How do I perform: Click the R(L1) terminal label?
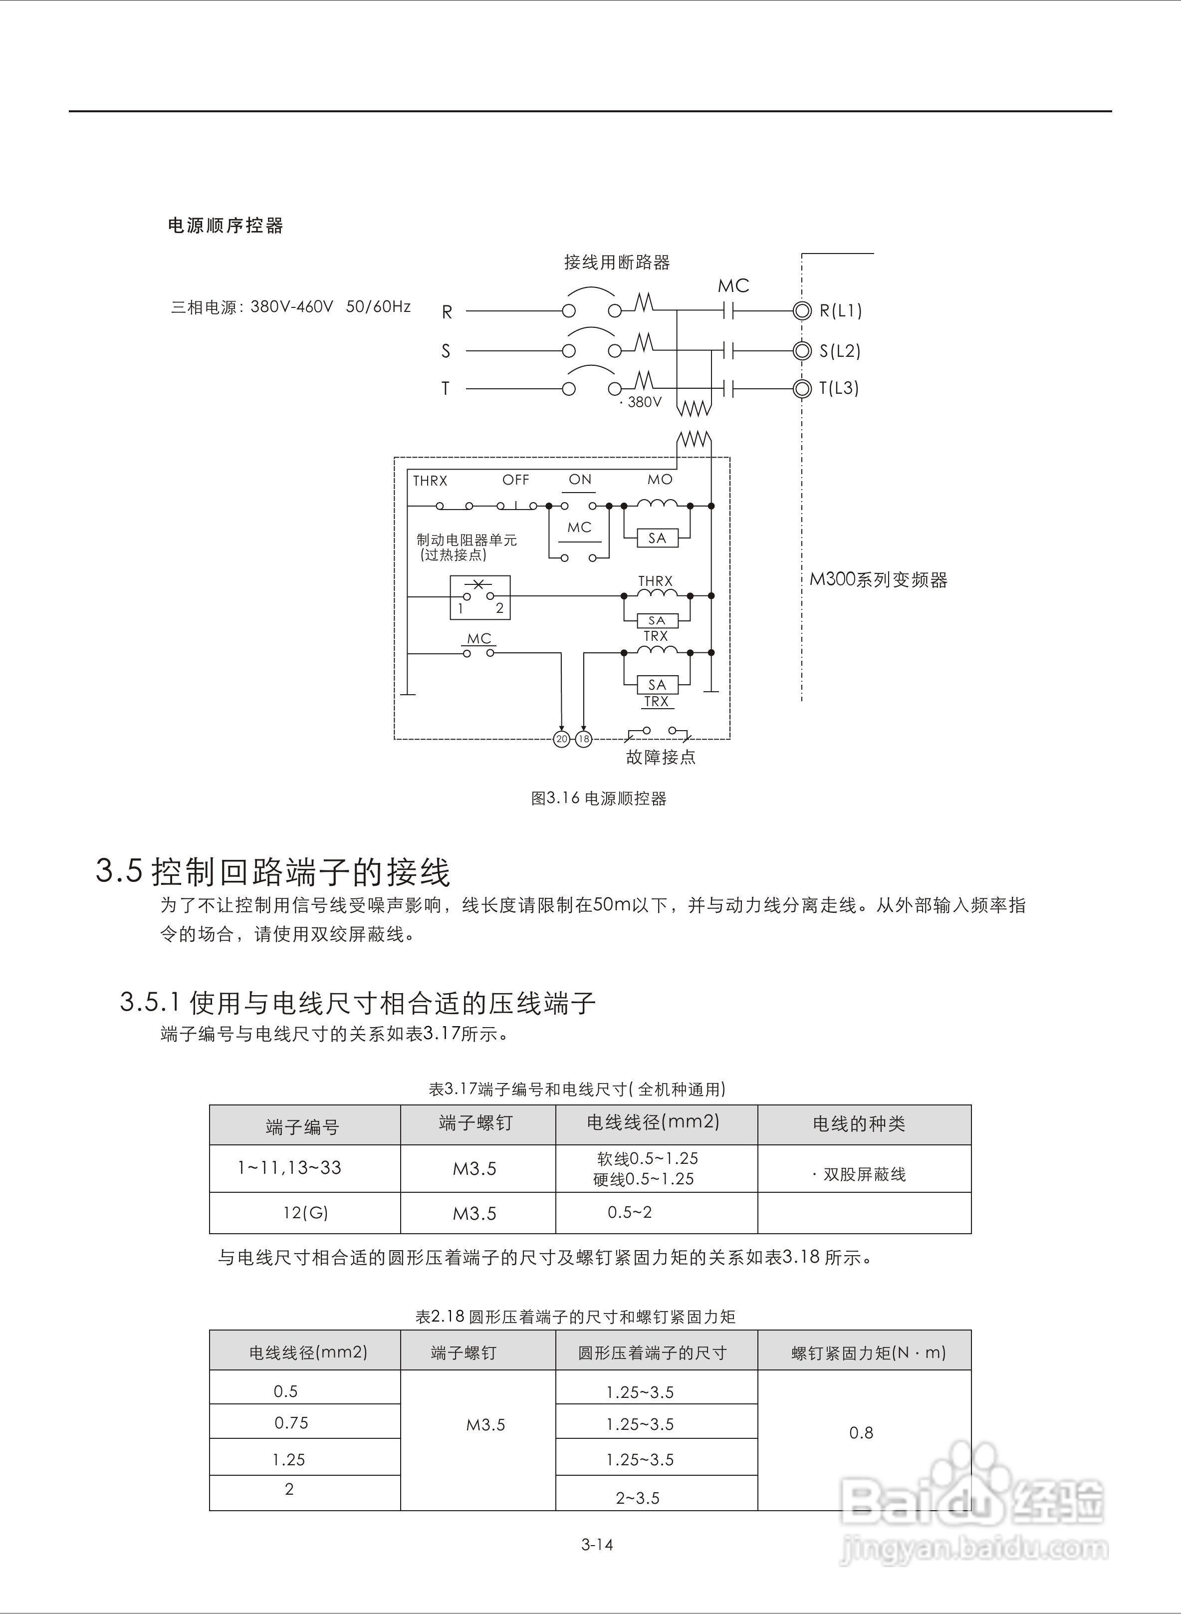(841, 311)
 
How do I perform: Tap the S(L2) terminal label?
(840, 351)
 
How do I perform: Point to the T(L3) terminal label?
(839, 388)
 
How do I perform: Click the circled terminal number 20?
(561, 739)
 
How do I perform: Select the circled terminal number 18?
(583, 739)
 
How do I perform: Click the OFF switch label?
(515, 480)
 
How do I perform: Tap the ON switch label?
(580, 479)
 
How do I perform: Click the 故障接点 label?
(661, 757)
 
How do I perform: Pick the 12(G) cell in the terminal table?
(305, 1213)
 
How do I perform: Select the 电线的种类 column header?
(859, 1124)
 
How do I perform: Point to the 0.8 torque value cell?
(862, 1433)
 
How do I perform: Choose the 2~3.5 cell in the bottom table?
(638, 1498)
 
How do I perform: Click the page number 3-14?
(597, 1544)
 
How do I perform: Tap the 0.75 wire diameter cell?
(292, 1423)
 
